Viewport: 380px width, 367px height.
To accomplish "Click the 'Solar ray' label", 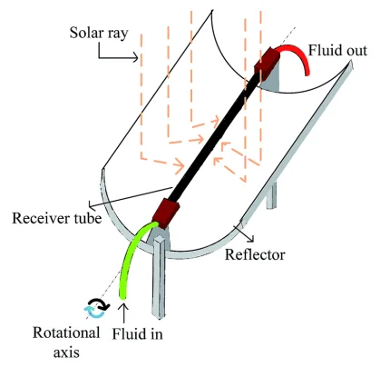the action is [99, 33].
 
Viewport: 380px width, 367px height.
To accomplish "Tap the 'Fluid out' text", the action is [337, 50].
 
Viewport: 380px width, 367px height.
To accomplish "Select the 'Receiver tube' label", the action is [57, 218].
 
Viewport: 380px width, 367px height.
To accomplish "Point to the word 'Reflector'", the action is [255, 254].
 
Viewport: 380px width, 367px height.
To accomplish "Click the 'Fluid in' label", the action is [137, 333].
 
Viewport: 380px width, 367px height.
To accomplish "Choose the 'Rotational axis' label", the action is [66, 342].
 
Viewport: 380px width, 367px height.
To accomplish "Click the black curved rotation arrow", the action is [100, 303].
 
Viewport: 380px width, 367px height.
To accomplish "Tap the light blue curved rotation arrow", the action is [94, 312].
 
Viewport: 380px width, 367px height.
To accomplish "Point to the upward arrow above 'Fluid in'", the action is [124, 313].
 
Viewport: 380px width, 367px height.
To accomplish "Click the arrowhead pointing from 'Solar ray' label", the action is [135, 57].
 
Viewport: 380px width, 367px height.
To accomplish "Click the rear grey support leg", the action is [271, 195].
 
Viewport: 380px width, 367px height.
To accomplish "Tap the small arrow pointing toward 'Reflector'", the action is [246, 233].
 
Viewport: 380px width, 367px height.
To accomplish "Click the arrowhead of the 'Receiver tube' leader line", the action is [92, 206].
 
